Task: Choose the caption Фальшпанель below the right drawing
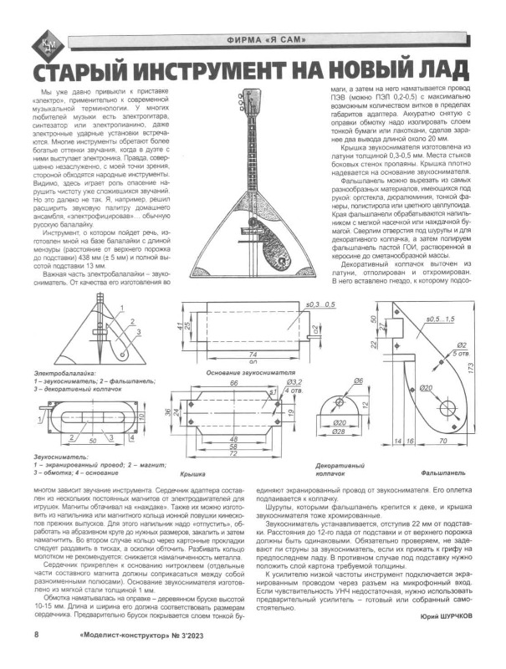[x=438, y=472]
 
